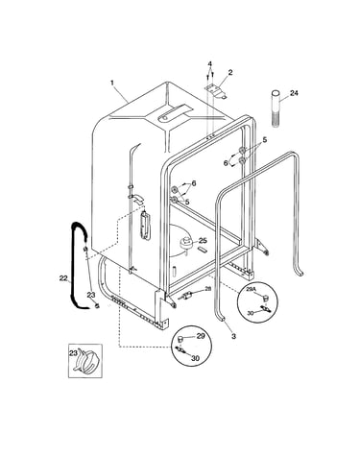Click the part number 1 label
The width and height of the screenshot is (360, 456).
click(x=112, y=83)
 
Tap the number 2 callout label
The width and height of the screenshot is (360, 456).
click(x=230, y=73)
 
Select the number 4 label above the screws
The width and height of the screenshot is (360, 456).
click(x=210, y=63)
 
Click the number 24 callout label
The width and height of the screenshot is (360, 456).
click(x=294, y=93)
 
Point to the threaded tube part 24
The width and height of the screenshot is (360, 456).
click(x=276, y=108)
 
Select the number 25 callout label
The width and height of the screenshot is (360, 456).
click(x=203, y=240)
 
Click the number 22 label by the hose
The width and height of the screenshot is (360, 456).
click(x=63, y=278)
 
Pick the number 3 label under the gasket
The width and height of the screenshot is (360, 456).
click(x=233, y=336)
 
